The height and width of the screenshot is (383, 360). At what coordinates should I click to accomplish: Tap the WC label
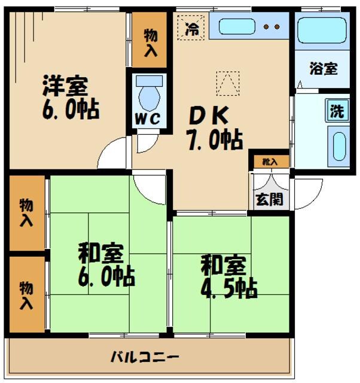click(x=147, y=118)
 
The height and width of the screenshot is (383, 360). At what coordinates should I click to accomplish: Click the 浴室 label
click(x=323, y=68)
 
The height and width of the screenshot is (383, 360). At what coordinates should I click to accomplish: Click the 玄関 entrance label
click(x=269, y=199)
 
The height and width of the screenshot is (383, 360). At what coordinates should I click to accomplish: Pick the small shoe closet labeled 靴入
click(x=269, y=161)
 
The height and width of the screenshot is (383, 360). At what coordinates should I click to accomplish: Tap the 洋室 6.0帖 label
click(x=69, y=98)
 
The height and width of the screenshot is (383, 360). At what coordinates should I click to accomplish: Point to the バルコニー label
click(x=145, y=357)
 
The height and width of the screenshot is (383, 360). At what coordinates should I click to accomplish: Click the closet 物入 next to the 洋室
click(x=150, y=39)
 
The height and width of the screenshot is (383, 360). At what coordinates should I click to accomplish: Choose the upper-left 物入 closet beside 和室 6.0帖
click(x=27, y=212)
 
